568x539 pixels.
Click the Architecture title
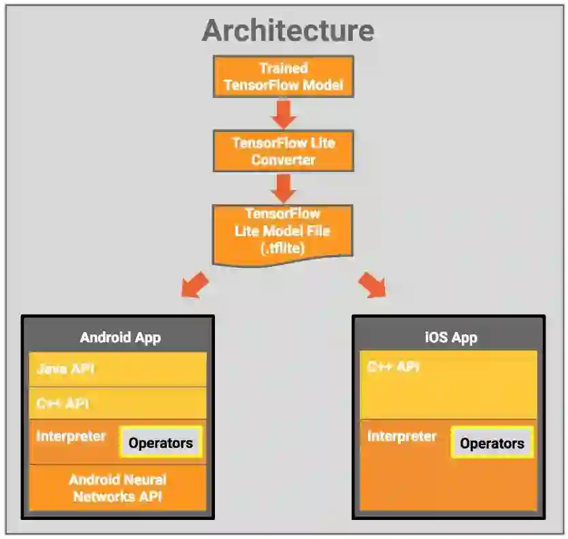(288, 31)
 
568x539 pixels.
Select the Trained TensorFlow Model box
(284, 77)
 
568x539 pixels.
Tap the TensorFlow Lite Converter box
(284, 151)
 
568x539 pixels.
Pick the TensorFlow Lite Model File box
(282, 231)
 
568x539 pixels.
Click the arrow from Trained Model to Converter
(284, 114)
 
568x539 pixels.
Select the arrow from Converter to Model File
(284, 188)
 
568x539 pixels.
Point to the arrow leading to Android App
(195, 284)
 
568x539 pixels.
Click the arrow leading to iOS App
(371, 284)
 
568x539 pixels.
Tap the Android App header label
(120, 338)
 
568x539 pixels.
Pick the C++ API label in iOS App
(393, 367)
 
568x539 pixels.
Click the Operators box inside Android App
(161, 442)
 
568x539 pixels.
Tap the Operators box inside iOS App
(492, 444)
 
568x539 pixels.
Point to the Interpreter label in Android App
(71, 436)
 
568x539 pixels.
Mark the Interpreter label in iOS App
(401, 436)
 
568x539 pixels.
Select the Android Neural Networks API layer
(117, 488)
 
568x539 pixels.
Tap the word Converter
(284, 160)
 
